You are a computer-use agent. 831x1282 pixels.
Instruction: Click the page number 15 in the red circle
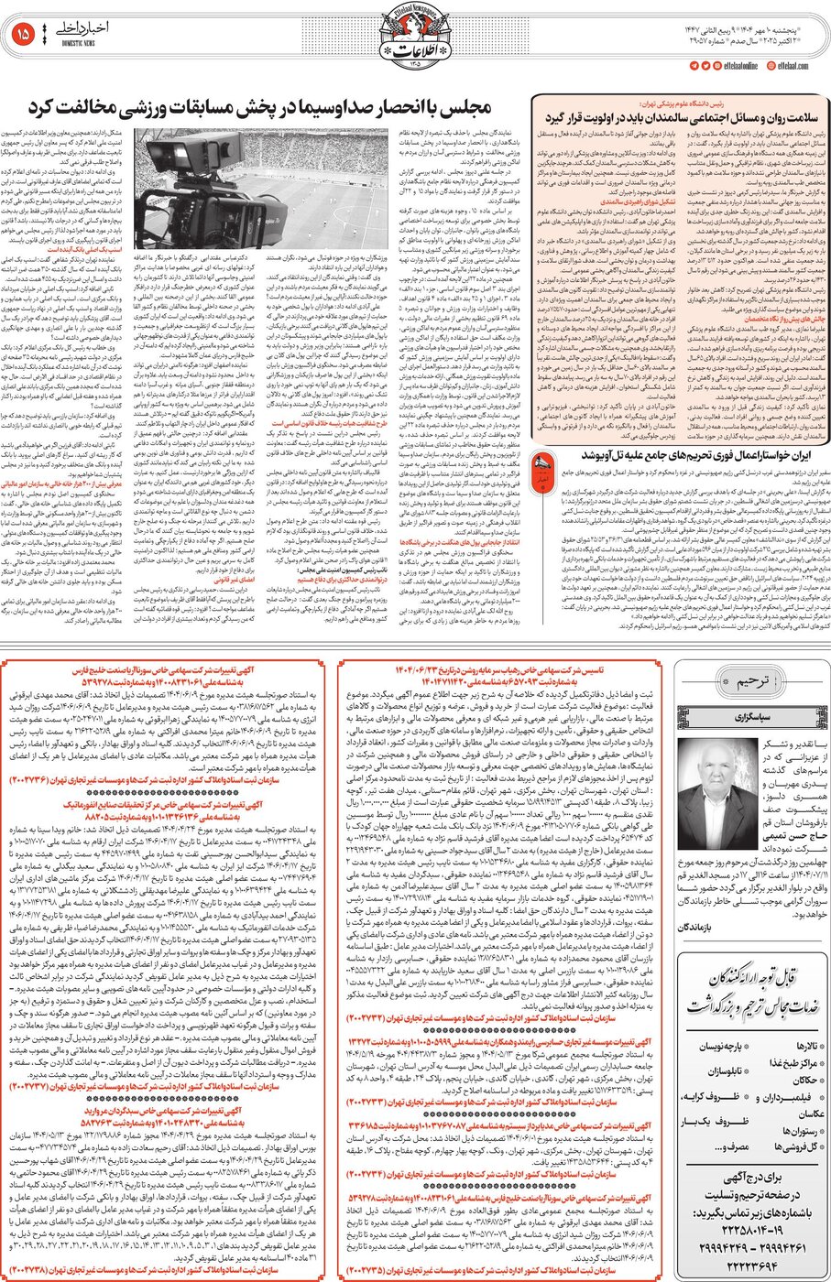point(25,35)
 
